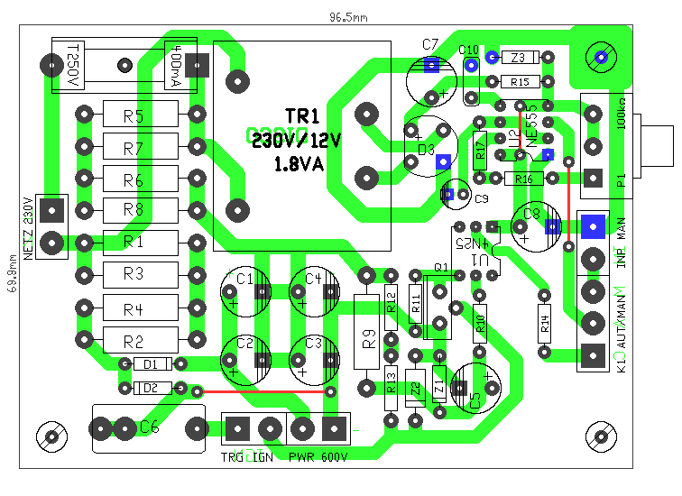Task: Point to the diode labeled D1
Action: (151, 364)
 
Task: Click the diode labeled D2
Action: (151, 388)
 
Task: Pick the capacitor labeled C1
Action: (244, 291)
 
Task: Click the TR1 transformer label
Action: (302, 117)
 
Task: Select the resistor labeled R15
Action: (520, 82)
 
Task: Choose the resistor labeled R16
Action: (523, 179)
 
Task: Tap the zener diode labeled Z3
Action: (518, 58)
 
